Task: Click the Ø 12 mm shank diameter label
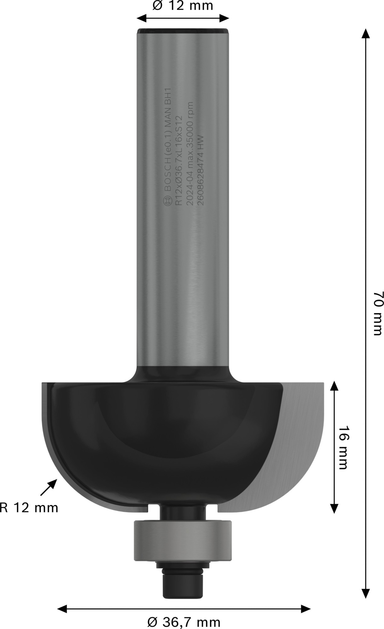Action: (x=183, y=6)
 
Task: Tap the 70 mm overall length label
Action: (x=377, y=313)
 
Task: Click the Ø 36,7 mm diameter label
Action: (x=184, y=622)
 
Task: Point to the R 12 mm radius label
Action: (x=29, y=508)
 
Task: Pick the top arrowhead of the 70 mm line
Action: (x=365, y=33)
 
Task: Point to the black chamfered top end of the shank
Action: (x=183, y=31)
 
